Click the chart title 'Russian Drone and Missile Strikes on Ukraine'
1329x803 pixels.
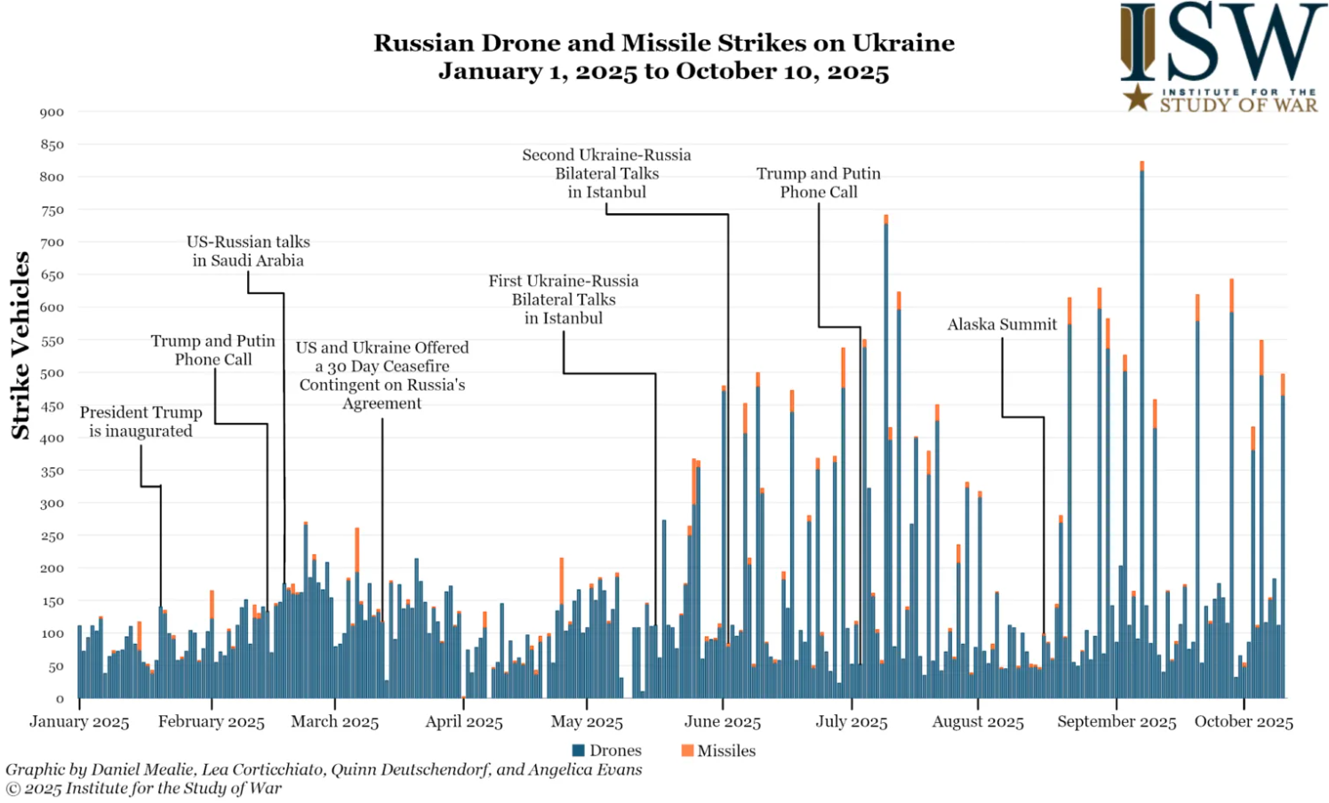[x=663, y=43]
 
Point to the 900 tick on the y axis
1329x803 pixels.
[x=52, y=112]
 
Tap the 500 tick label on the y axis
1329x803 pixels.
[x=52, y=373]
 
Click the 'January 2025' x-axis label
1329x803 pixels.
[x=79, y=721]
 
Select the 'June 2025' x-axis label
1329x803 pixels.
[x=723, y=721]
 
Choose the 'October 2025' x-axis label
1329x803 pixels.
[x=1243, y=721]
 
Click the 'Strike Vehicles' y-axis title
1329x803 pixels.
[x=20, y=346]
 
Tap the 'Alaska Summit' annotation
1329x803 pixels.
[x=1002, y=324]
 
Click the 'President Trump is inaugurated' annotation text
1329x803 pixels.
[x=140, y=421]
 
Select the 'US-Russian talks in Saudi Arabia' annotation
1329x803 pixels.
[x=248, y=250]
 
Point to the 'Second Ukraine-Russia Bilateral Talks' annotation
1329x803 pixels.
[x=606, y=172]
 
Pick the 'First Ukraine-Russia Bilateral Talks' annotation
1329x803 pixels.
[x=563, y=298]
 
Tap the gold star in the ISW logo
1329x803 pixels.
[x=1138, y=98]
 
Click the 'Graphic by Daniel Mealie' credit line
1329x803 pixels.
[x=324, y=769]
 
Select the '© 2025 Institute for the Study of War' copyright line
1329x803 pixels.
[x=144, y=788]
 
